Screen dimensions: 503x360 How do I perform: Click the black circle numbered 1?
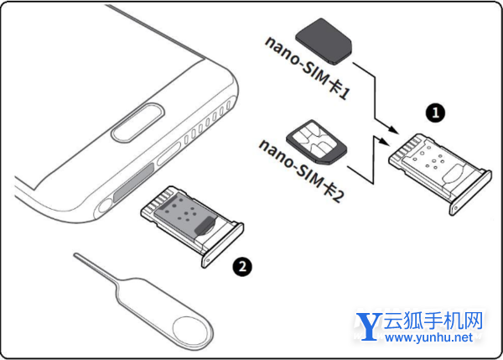[x=435, y=112]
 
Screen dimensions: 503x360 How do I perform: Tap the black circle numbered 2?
[x=242, y=267]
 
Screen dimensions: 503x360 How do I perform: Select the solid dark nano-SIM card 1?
[x=324, y=41]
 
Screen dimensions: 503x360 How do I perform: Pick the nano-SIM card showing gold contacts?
[x=317, y=142]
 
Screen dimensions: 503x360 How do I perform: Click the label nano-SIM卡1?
[x=308, y=68]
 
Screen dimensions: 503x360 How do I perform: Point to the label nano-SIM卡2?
[x=301, y=170]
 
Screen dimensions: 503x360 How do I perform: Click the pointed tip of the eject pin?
[x=75, y=254]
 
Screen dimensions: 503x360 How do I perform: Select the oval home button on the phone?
[x=138, y=123]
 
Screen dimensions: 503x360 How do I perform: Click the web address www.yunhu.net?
[x=428, y=337]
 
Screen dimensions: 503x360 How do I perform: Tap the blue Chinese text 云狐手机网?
[x=433, y=321]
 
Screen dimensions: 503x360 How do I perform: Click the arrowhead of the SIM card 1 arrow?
[x=392, y=129]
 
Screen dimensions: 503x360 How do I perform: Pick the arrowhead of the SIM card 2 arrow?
[x=383, y=141]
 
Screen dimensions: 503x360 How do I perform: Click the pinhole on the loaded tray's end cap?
[x=209, y=261]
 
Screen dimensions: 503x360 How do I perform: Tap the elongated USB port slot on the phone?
[x=169, y=154]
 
